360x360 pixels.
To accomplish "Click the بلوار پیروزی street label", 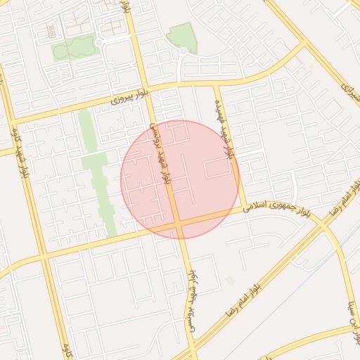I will click(131, 99).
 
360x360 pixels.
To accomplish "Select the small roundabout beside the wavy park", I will click(98, 42).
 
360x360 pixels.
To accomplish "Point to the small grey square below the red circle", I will click(231, 281).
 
